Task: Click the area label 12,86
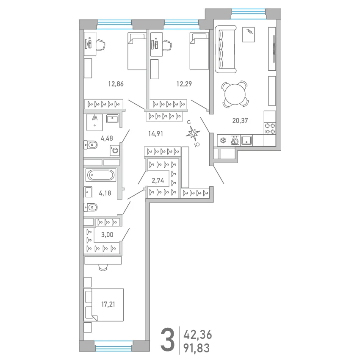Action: point(116,84)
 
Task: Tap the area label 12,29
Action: point(184,84)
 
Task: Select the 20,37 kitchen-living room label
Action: point(240,121)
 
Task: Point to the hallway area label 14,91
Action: point(155,133)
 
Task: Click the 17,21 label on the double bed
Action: point(108,305)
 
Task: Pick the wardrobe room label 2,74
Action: point(158,181)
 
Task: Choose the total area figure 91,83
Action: point(197,348)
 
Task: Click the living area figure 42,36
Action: point(197,335)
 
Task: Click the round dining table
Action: point(235,94)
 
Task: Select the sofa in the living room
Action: point(225,49)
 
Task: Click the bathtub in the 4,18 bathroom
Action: point(101,175)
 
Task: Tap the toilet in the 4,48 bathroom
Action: point(91,145)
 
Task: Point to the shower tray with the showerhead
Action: point(94,122)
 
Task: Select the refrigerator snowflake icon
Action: point(223,140)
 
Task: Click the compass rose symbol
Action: point(193,133)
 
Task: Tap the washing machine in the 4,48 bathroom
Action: point(115,151)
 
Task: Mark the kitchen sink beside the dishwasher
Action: point(246,140)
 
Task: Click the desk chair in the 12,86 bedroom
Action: point(100,44)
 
